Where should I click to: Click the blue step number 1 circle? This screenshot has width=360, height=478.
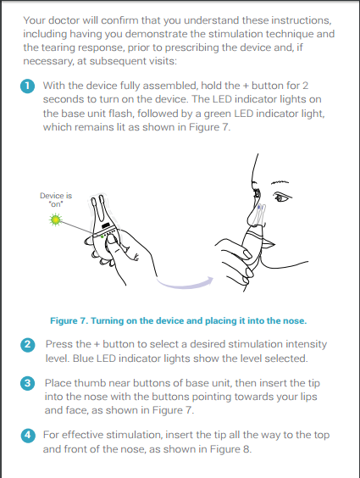coord(27,86)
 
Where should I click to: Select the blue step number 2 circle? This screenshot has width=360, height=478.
coord(27,345)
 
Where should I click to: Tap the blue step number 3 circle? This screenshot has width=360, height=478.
coord(27,383)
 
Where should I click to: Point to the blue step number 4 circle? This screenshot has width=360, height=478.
coord(27,435)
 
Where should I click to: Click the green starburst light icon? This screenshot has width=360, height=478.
coord(55,220)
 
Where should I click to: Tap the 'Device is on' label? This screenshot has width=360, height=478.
coord(56,200)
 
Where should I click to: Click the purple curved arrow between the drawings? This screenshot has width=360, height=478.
coord(185,283)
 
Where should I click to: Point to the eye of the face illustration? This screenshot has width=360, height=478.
coord(280,197)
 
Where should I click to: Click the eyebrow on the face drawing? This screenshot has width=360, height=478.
coord(280,182)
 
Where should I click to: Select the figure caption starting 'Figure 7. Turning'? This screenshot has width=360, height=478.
coord(179,320)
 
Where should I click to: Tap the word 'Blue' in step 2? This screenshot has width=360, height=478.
coord(83,358)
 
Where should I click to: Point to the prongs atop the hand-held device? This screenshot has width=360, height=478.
coord(98,210)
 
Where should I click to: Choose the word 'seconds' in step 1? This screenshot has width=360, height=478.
coord(62,99)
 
